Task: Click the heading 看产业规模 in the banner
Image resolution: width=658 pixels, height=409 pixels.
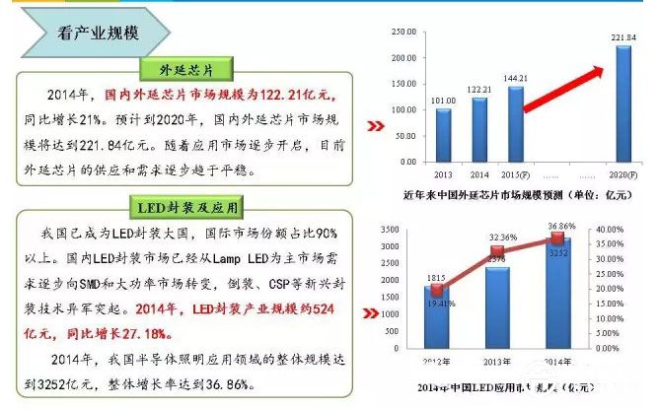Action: coord(98,32)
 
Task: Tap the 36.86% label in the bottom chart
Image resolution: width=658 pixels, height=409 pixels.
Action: coord(562,227)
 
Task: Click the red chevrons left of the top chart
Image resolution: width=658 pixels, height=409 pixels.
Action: coord(375,127)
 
